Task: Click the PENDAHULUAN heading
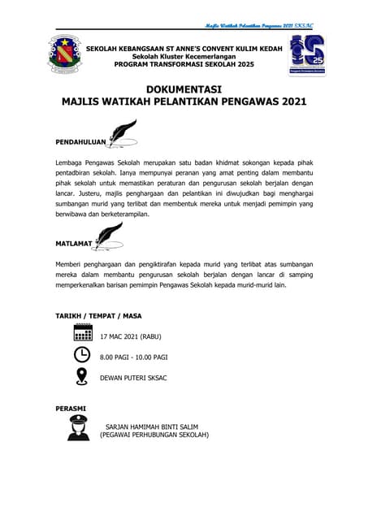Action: [x=80, y=141]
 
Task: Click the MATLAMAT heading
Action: [x=74, y=243]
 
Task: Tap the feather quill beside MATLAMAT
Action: [x=108, y=234]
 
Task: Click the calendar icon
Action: [x=82, y=334]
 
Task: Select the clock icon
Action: [x=82, y=355]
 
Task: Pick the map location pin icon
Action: [x=82, y=376]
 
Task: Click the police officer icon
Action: [x=79, y=427]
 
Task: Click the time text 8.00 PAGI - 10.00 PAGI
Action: [x=133, y=356]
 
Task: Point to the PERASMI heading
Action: [x=71, y=407]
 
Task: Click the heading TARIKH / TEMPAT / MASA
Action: [x=93, y=314]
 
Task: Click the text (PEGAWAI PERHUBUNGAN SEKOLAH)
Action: [x=154, y=435]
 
